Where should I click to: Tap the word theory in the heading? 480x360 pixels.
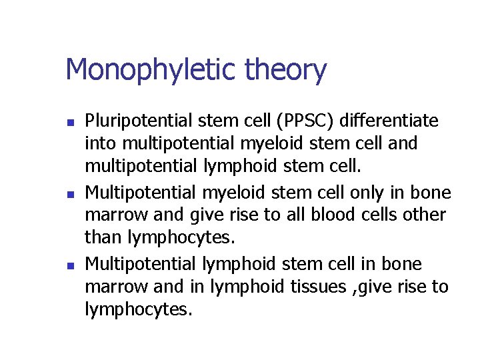[286, 70]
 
